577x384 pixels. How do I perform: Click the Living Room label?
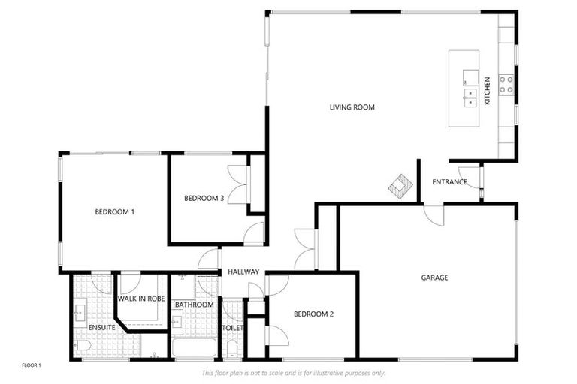tap(352, 107)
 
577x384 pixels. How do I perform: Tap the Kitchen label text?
tap(487, 91)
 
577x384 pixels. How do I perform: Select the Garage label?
tap(434, 277)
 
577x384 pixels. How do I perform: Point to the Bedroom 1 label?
tap(114, 212)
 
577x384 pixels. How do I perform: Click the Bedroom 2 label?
tap(313, 314)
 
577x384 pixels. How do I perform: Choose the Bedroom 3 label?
tap(204, 198)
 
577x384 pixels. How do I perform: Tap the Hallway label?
tap(243, 271)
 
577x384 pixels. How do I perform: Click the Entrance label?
tap(449, 182)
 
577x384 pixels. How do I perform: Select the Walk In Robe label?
tap(140, 298)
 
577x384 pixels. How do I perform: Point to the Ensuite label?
tap(101, 328)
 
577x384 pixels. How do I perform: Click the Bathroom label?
tap(195, 304)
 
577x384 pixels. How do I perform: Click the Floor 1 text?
tap(32, 365)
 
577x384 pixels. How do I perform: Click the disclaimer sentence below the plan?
tap(293, 373)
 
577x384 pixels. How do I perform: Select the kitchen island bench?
tap(464, 88)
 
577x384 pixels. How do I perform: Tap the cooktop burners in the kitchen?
tap(506, 84)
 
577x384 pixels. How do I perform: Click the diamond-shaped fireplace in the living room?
tap(400, 185)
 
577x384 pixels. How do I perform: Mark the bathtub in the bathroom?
tap(194, 349)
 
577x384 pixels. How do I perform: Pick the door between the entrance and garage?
tap(434, 212)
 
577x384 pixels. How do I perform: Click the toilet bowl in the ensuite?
tap(83, 345)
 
